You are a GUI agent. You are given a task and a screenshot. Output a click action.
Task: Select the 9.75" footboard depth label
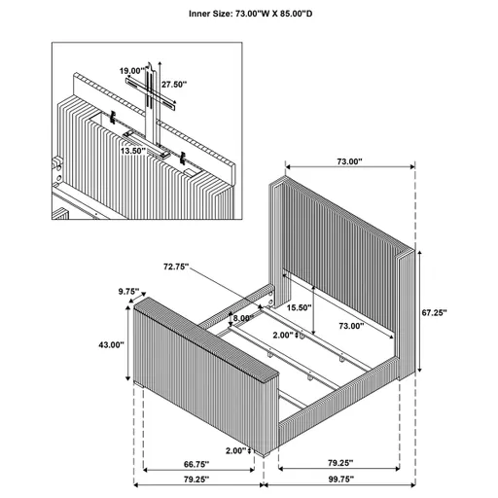tap(126, 291)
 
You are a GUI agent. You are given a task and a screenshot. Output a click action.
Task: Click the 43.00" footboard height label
tap(110, 344)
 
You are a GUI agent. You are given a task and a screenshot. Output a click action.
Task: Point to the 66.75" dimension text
tap(197, 439)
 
